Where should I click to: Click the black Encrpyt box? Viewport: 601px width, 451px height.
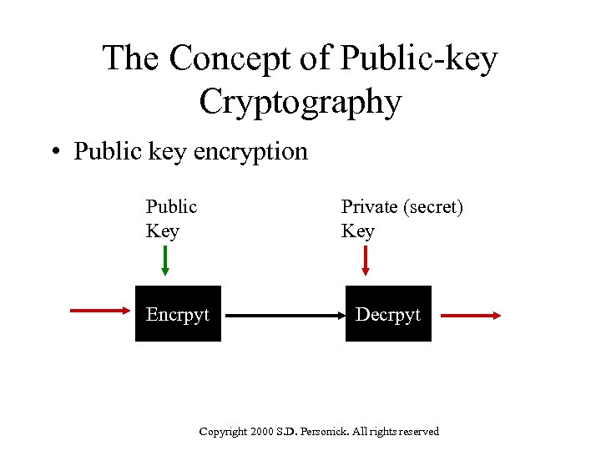click(x=178, y=314)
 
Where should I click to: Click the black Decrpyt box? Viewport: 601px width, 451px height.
click(x=388, y=314)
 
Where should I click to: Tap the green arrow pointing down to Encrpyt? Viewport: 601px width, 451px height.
click(x=165, y=261)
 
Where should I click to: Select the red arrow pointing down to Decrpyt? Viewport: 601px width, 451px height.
click(x=365, y=261)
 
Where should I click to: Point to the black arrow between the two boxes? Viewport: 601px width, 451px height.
click(x=284, y=316)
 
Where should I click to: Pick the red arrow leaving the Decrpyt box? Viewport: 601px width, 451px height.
click(x=471, y=315)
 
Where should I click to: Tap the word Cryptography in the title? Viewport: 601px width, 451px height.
click(x=300, y=102)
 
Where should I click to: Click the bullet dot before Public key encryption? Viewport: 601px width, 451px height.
click(x=54, y=152)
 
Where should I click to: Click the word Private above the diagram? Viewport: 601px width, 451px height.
click(x=367, y=206)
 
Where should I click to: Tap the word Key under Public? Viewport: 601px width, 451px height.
click(x=162, y=231)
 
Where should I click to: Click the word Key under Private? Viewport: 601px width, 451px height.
click(x=357, y=231)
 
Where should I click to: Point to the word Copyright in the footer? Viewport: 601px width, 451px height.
click(x=223, y=432)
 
